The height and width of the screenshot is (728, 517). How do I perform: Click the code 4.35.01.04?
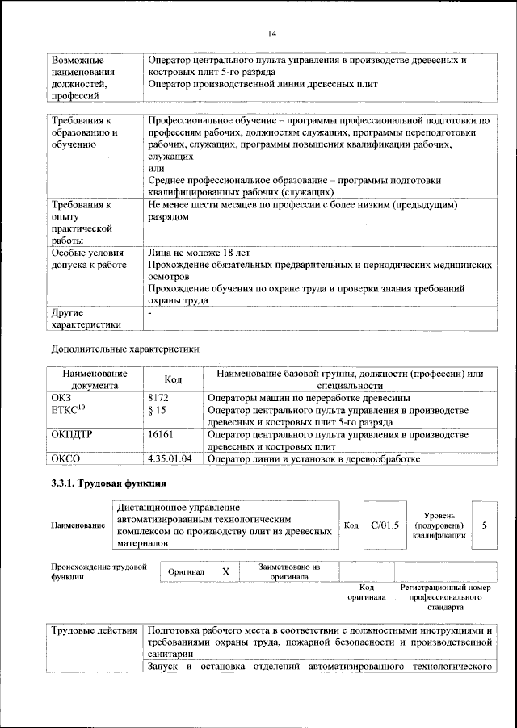pyautogui.click(x=170, y=459)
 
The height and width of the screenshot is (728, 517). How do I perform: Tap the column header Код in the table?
pyautogui.click(x=173, y=379)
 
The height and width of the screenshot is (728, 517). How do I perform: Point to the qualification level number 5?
pyautogui.click(x=484, y=525)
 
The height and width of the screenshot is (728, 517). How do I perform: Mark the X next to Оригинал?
pyautogui.click(x=225, y=571)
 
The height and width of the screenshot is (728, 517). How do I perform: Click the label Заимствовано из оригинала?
pyautogui.click(x=290, y=571)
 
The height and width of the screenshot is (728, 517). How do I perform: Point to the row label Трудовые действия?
pyautogui.click(x=93, y=630)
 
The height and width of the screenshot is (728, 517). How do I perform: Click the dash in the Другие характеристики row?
pyautogui.click(x=150, y=312)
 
